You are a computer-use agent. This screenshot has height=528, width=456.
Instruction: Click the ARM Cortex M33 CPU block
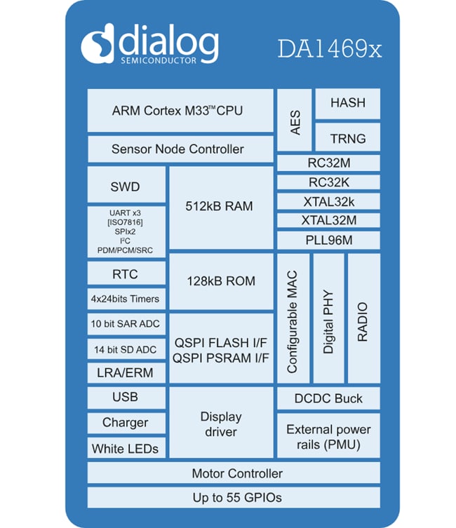tap(180, 111)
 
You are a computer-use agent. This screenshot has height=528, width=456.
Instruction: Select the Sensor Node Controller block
tap(180, 149)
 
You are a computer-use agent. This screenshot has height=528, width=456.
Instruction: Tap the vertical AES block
tap(295, 120)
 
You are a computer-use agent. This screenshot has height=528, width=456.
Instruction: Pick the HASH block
tap(347, 103)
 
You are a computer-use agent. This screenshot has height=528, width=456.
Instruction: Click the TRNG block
tap(347, 138)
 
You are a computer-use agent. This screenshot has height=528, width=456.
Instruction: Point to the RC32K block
tap(328, 182)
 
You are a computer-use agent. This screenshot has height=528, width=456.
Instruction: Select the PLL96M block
tap(328, 241)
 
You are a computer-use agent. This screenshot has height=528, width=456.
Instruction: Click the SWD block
tap(126, 186)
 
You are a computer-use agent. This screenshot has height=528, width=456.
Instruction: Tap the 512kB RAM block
tap(220, 208)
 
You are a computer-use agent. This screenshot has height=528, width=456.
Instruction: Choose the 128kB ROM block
tap(220, 281)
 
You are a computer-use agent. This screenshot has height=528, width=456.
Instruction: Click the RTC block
tap(126, 274)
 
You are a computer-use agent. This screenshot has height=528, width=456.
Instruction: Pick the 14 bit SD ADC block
tap(126, 348)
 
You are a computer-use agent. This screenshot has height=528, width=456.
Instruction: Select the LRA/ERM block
tap(126, 373)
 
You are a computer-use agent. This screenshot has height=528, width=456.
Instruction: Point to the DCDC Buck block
tap(328, 398)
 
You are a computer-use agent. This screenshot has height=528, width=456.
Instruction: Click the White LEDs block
tap(126, 449)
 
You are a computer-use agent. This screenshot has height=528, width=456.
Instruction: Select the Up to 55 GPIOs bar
tap(234, 498)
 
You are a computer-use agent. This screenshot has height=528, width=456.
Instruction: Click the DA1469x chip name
tap(329, 50)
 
